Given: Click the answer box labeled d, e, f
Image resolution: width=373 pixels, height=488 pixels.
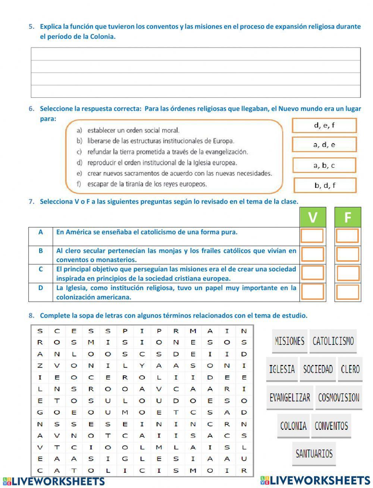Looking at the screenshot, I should [x=324, y=126].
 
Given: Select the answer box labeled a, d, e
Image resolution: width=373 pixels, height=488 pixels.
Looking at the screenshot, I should [x=324, y=145].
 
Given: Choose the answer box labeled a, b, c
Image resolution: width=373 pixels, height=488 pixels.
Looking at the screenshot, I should [x=324, y=165].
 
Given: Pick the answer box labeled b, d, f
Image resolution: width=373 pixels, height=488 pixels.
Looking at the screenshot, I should [x=325, y=185].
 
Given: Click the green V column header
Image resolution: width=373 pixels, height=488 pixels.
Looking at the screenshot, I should [x=313, y=217].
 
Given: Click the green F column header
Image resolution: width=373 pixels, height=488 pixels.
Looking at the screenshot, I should [x=348, y=217].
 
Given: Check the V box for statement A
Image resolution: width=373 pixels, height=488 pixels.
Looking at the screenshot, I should [x=312, y=236].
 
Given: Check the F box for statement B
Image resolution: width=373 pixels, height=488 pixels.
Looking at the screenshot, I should [x=348, y=254].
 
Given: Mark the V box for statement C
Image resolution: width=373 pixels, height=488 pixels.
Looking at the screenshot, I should [x=312, y=273].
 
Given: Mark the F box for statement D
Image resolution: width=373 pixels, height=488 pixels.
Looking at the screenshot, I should [x=348, y=292].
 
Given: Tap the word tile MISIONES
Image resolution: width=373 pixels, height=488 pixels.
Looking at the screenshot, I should [x=289, y=341].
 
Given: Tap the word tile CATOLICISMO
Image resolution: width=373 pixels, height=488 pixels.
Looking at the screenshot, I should [x=333, y=341].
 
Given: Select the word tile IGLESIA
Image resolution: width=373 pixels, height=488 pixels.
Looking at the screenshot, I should [x=282, y=369].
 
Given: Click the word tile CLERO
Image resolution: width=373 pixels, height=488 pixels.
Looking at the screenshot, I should [x=350, y=369].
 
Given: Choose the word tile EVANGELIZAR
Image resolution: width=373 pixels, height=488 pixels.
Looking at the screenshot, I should [x=290, y=397].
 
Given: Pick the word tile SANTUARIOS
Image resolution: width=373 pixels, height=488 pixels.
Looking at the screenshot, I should [x=314, y=454].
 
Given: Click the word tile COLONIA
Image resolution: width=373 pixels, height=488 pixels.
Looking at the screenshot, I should [x=293, y=426].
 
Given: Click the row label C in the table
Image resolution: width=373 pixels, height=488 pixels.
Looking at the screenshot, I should [x=41, y=269].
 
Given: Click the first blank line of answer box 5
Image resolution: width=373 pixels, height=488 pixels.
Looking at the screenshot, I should [x=195, y=54].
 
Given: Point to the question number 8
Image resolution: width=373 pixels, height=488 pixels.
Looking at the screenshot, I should [x=31, y=316].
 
